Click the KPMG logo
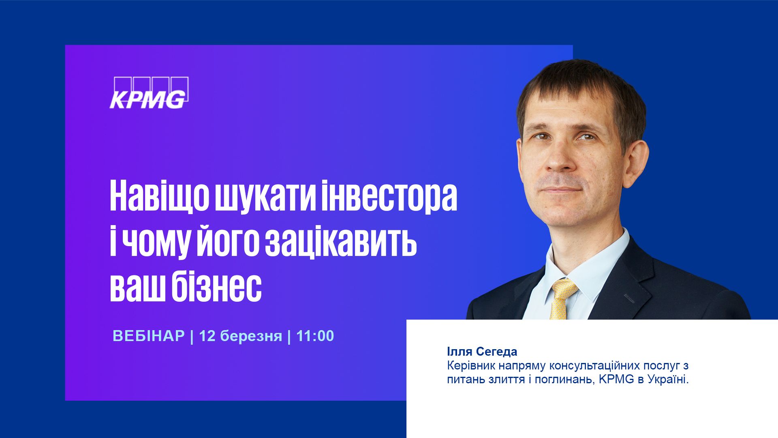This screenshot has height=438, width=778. click(149, 93)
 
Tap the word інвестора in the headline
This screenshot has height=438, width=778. click(389, 196)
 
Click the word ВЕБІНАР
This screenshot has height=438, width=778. click(149, 336)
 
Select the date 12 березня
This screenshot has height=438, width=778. click(240, 336)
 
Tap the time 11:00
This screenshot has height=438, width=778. click(315, 336)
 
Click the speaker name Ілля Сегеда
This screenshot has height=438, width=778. click(482, 351)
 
